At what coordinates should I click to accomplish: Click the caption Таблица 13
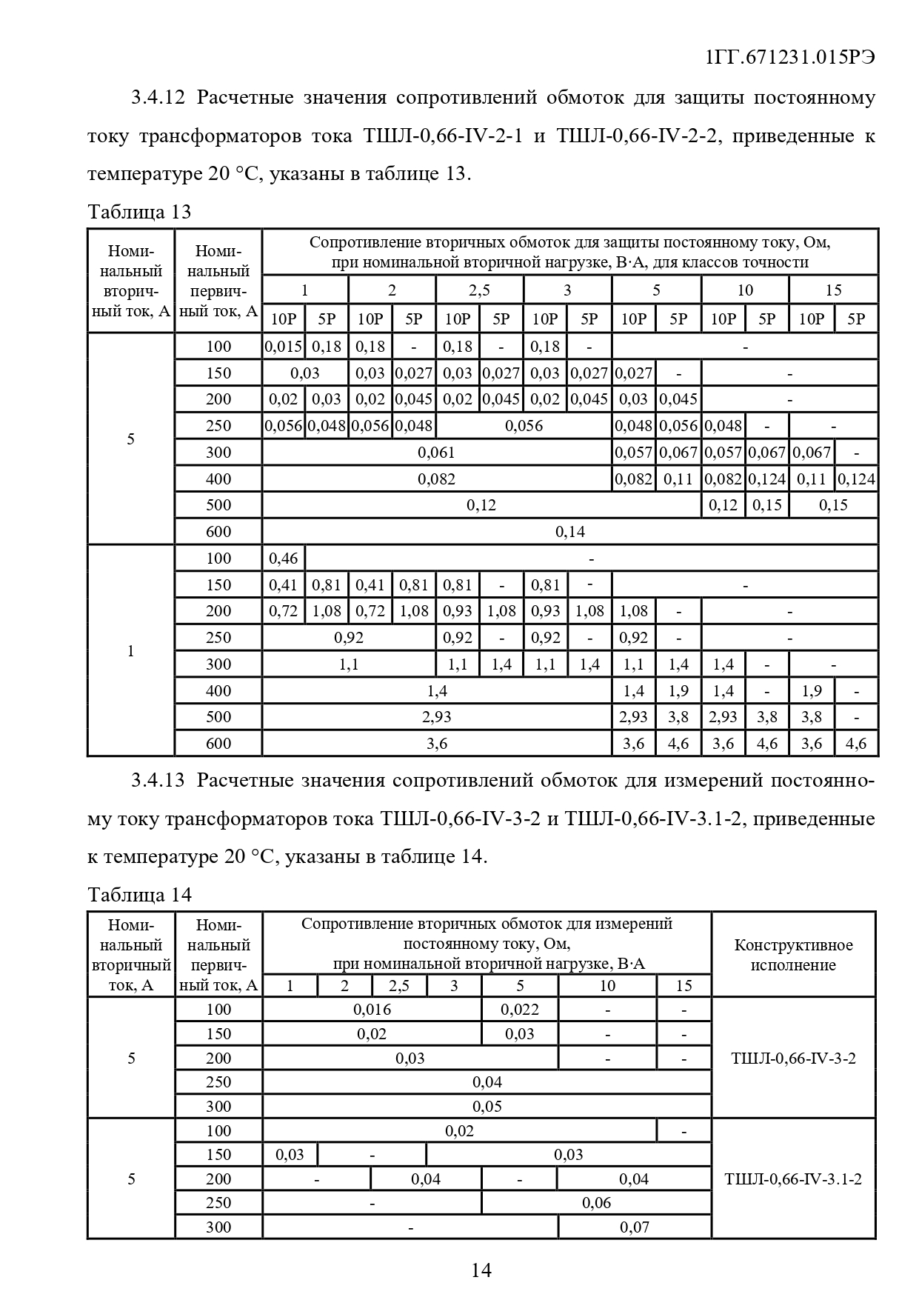tap(139, 212)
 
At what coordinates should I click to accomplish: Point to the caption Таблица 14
tap(139, 895)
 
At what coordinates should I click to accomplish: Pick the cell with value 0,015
tap(284, 347)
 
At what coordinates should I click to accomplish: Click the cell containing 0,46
tap(284, 559)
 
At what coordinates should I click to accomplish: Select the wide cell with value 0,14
tap(570, 532)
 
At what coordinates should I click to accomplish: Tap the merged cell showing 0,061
tap(437, 453)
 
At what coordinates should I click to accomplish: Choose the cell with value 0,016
tap(372, 1009)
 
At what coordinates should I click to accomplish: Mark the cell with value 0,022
tap(520, 1009)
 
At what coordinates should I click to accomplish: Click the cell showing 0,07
tap(635, 1227)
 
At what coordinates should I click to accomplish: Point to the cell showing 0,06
tap(596, 1203)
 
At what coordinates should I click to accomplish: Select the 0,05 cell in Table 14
tap(487, 1106)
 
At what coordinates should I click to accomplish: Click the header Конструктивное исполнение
tap(793, 955)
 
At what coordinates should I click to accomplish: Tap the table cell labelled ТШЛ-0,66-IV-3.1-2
tap(793, 1179)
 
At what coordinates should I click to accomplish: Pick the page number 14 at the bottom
tap(481, 1270)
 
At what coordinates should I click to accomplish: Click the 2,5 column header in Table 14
tap(399, 985)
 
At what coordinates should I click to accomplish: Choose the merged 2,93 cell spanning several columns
tap(437, 717)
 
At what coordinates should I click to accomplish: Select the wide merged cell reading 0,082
tap(437, 479)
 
